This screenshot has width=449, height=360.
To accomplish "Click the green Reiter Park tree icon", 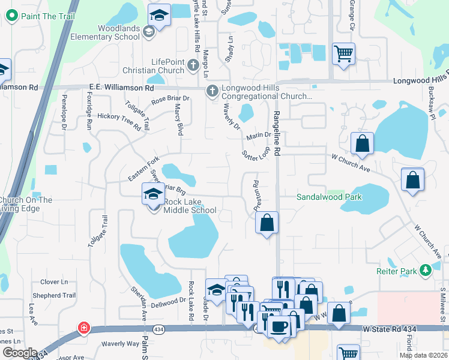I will (426, 271).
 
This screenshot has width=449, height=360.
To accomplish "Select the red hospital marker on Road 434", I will (85, 328).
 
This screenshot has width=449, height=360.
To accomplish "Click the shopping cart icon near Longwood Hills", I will (343, 54).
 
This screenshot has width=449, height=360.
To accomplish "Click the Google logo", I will (20, 352).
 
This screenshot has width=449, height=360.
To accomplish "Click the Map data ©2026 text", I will (423, 355).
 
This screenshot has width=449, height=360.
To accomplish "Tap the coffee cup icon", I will (278, 326).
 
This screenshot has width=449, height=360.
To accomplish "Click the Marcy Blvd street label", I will (178, 119).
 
